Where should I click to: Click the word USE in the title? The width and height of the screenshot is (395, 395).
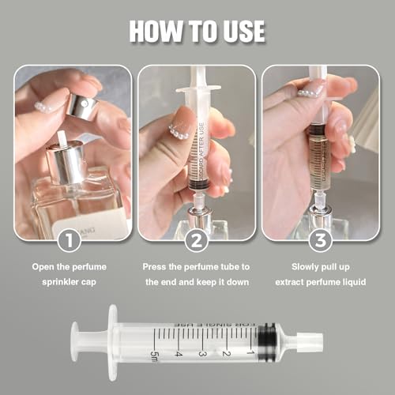(240, 31)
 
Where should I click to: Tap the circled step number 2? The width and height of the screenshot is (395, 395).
(197, 238)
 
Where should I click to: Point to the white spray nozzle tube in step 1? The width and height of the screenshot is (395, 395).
(59, 146)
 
